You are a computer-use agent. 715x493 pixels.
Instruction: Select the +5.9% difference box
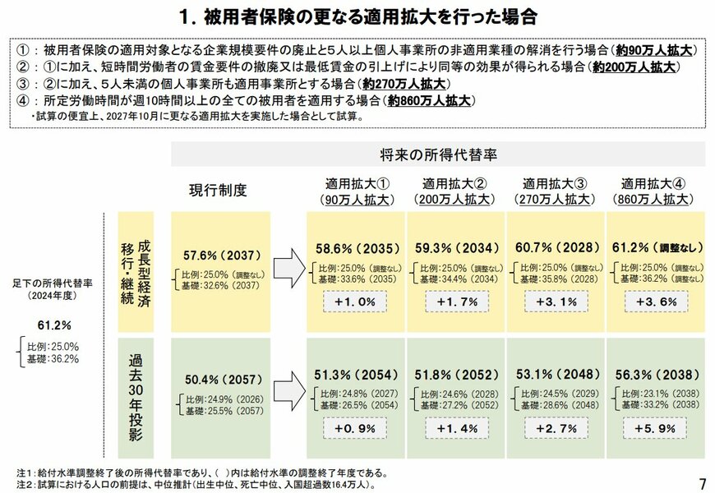(654, 427)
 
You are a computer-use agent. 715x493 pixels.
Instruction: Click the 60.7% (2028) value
(555, 247)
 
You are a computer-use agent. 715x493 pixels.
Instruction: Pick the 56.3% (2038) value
(655, 374)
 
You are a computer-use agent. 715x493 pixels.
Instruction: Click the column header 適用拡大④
(654, 183)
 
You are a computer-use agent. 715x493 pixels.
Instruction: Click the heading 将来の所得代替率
(437, 154)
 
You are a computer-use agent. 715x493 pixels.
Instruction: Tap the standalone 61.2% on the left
(54, 325)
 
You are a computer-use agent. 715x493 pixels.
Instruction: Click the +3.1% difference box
(555, 302)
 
